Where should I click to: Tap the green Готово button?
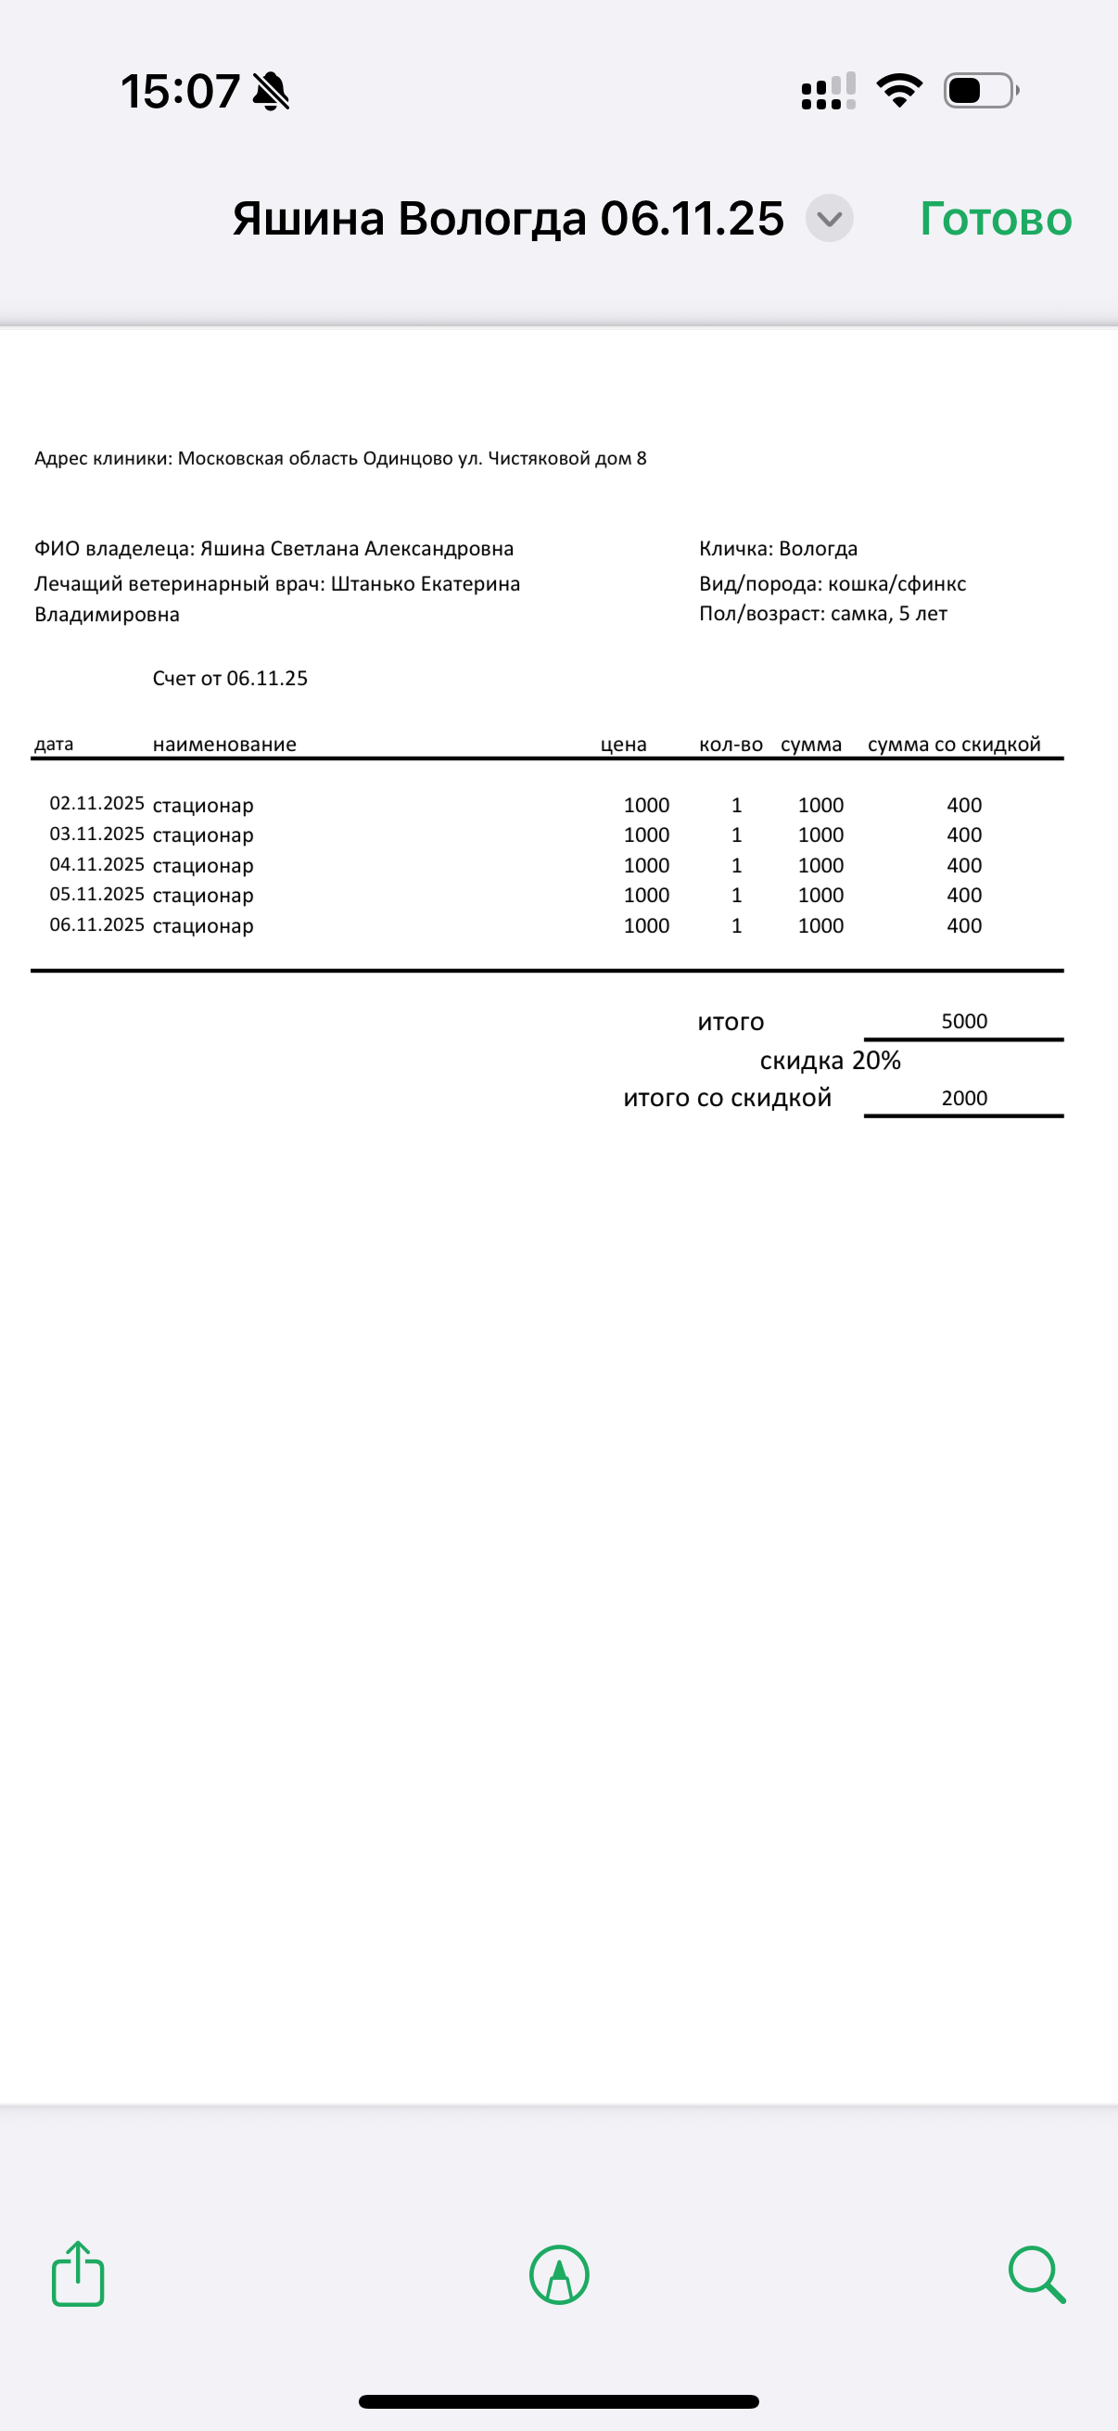pos(996,219)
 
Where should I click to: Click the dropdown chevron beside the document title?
pos(830,219)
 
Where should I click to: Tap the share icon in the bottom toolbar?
pos(77,2273)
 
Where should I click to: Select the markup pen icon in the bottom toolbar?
pos(560,2274)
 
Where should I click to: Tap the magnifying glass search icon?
pos(1036,2274)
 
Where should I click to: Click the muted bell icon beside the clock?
pos(271,92)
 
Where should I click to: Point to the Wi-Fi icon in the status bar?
pos(899,91)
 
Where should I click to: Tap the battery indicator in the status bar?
pos(980,91)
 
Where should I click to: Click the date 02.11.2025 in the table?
pos(96,803)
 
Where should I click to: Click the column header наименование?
pos(224,745)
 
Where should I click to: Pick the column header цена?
pos(624,745)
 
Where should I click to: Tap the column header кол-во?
pos(731,745)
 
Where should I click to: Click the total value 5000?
pos(964,1021)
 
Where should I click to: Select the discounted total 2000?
pos(964,1098)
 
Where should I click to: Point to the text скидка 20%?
pos(831,1061)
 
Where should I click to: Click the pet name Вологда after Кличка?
pos(818,548)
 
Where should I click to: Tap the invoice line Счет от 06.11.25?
pos(230,679)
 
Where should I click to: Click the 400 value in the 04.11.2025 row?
pos(964,865)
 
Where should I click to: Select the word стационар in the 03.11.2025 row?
pos(203,835)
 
